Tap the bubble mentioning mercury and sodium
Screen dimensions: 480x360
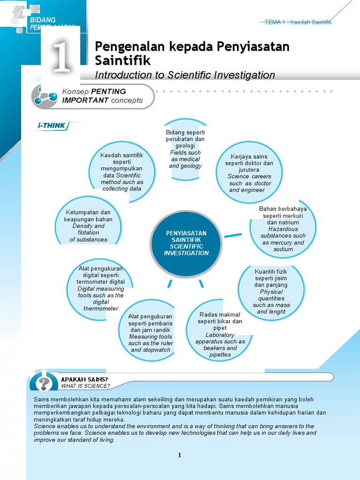pyautogui.click(x=283, y=229)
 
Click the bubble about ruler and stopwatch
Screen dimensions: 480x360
pyautogui.click(x=150, y=333)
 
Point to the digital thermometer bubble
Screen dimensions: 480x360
pyautogui.click(x=100, y=289)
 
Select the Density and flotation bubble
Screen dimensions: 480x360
pyautogui.click(x=89, y=225)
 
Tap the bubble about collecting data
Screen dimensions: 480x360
pyautogui.click(x=122, y=172)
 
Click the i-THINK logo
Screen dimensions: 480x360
pyautogui.click(x=52, y=125)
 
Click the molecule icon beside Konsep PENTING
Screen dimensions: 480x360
pyautogui.click(x=44, y=96)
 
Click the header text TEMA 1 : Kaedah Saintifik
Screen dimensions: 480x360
pyautogui.click(x=298, y=22)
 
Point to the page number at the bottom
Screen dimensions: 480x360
pyautogui.click(x=179, y=455)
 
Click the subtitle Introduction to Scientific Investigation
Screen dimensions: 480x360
pyautogui.click(x=185, y=75)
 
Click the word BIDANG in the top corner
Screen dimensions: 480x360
pyautogui.click(x=43, y=20)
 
